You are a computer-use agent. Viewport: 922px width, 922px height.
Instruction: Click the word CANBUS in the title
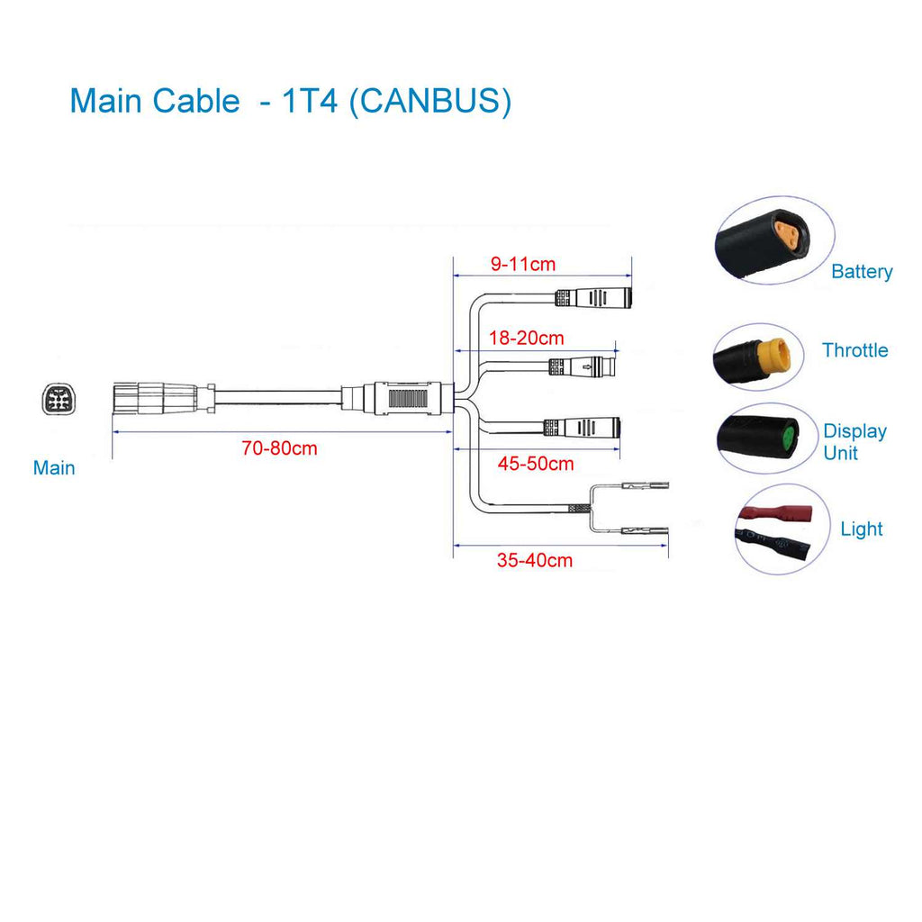coord(429,101)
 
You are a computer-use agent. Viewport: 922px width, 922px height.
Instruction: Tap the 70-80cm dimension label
coord(279,447)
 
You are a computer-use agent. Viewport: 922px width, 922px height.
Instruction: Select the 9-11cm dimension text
coord(522,264)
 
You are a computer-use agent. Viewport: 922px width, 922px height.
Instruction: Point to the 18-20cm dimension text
coord(526,338)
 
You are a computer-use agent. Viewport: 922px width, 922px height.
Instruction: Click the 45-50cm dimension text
coord(536,464)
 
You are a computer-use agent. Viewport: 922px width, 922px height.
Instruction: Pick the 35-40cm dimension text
coord(535,560)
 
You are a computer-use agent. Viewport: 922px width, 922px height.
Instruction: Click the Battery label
coord(862,271)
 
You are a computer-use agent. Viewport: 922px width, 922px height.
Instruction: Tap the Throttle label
coord(854,350)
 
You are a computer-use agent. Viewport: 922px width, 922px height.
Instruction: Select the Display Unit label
coord(854,442)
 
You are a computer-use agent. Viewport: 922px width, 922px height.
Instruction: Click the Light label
coord(862,529)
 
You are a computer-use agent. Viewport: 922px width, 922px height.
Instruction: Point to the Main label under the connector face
coord(54,468)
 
